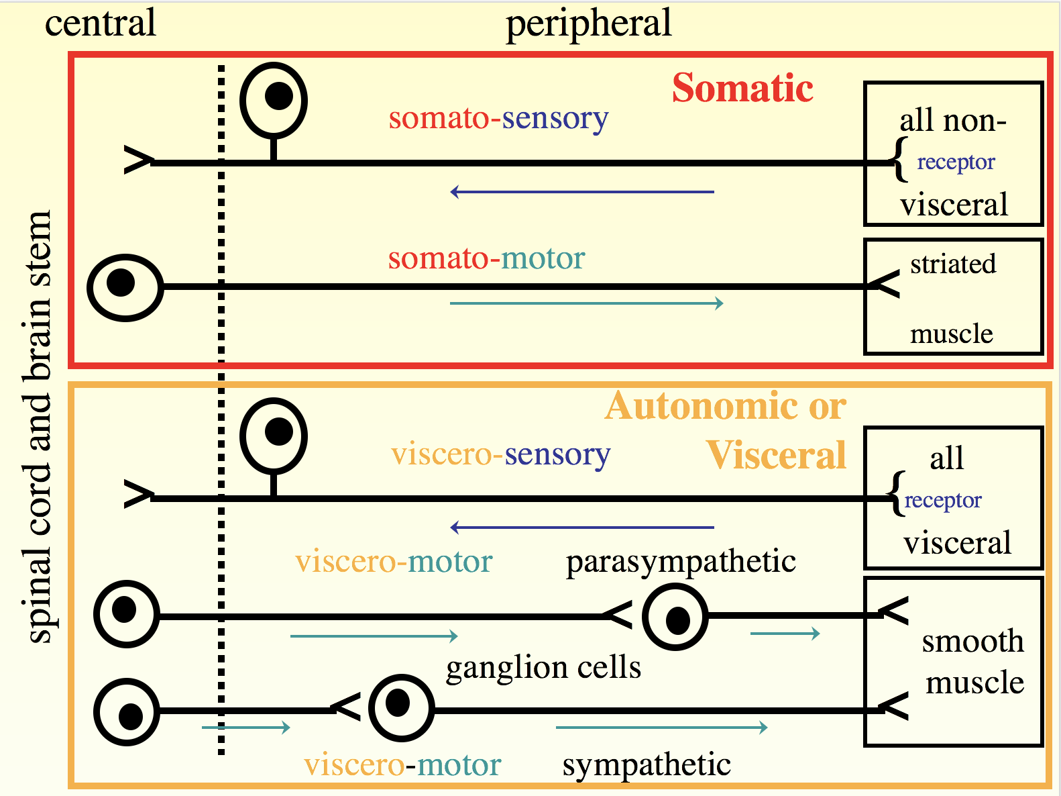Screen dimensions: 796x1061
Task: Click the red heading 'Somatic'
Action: (x=742, y=89)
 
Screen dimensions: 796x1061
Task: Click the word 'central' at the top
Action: (x=101, y=23)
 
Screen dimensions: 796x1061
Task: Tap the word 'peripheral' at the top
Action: (x=588, y=23)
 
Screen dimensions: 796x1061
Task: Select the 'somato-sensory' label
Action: (x=498, y=118)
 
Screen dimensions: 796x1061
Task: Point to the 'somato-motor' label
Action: (x=486, y=258)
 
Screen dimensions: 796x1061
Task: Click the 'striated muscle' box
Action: (x=953, y=297)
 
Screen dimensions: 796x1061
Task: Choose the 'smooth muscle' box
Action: (x=953, y=662)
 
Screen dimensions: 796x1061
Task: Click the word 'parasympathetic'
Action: (x=681, y=561)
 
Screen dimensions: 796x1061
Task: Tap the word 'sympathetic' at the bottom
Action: (x=647, y=764)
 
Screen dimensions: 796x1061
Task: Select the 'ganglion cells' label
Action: (x=543, y=667)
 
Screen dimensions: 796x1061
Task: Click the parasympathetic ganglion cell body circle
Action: (x=675, y=617)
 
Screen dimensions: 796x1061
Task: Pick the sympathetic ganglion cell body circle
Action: (x=401, y=707)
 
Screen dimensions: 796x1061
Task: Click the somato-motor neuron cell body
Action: (x=125, y=287)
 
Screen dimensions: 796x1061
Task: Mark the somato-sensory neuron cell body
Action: (x=274, y=101)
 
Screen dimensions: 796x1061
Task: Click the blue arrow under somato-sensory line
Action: (x=582, y=192)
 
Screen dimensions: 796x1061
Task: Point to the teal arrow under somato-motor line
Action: (x=586, y=303)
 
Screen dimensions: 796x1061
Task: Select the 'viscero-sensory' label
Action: (x=500, y=454)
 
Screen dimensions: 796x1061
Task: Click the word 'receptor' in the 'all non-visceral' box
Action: (x=956, y=162)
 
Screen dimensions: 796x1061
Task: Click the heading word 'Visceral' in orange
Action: (x=776, y=455)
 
